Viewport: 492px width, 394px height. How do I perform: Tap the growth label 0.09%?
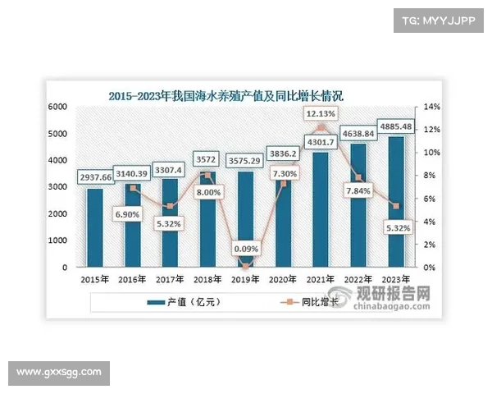click(244, 249)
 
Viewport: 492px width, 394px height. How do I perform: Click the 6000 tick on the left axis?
click(57, 108)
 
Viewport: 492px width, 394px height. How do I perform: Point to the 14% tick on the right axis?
click(431, 108)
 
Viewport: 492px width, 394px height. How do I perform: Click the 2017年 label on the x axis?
click(171, 279)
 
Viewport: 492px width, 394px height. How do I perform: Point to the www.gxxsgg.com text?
click(58, 373)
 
